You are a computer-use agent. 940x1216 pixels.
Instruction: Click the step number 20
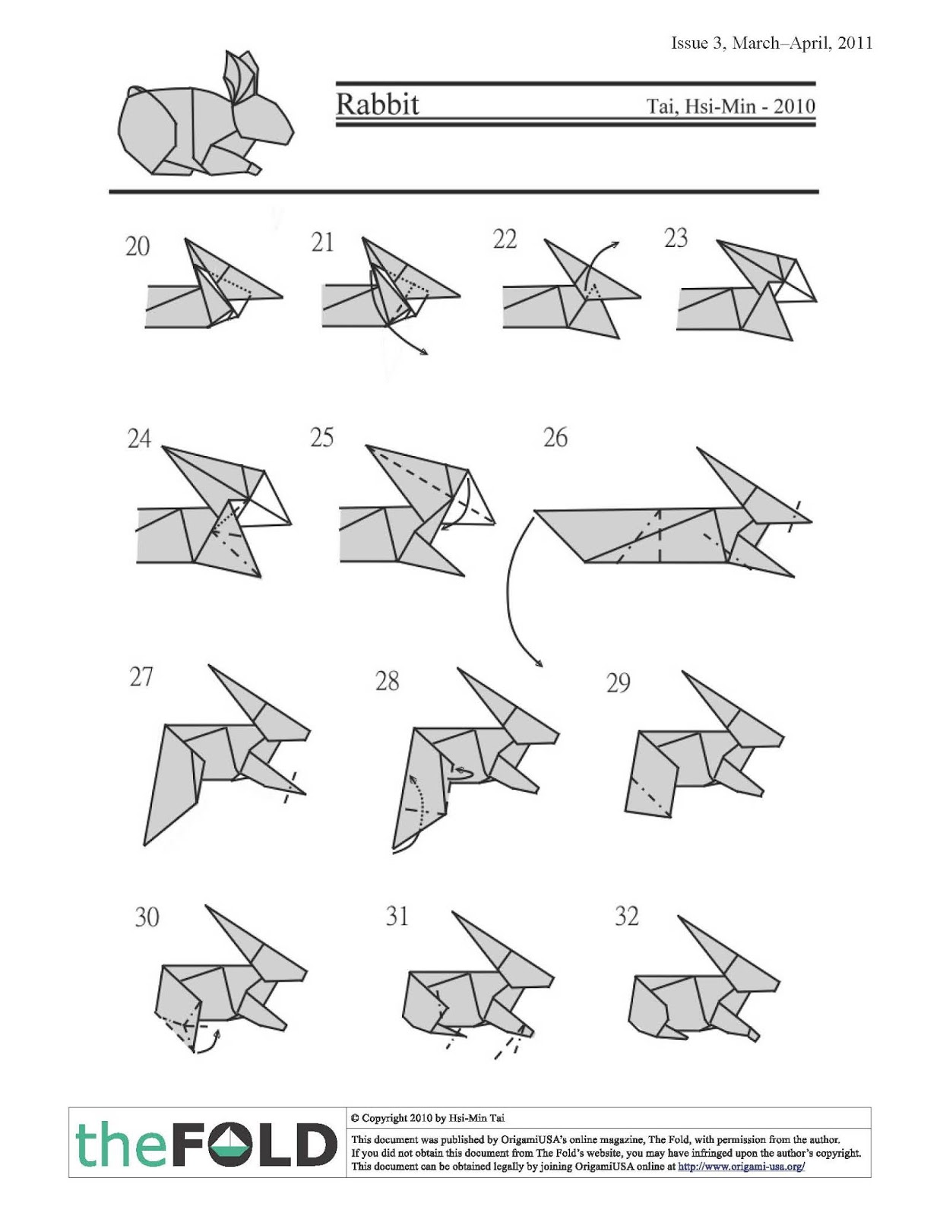tap(138, 247)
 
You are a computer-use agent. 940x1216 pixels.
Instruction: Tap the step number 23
tap(676, 239)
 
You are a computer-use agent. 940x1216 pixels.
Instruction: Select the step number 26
tap(555, 438)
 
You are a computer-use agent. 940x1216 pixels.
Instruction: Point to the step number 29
tap(618, 683)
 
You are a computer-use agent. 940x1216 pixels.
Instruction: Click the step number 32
tap(626, 917)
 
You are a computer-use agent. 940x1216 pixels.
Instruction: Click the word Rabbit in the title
tap(378, 104)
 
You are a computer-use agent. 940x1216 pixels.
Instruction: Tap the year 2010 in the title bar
tap(795, 106)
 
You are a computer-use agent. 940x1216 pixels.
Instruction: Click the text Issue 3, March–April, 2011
tap(771, 43)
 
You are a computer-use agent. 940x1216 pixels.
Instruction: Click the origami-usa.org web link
tap(741, 1167)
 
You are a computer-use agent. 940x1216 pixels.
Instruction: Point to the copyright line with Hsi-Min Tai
tap(428, 1118)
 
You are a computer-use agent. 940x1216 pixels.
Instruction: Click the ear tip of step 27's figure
tap(211, 668)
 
